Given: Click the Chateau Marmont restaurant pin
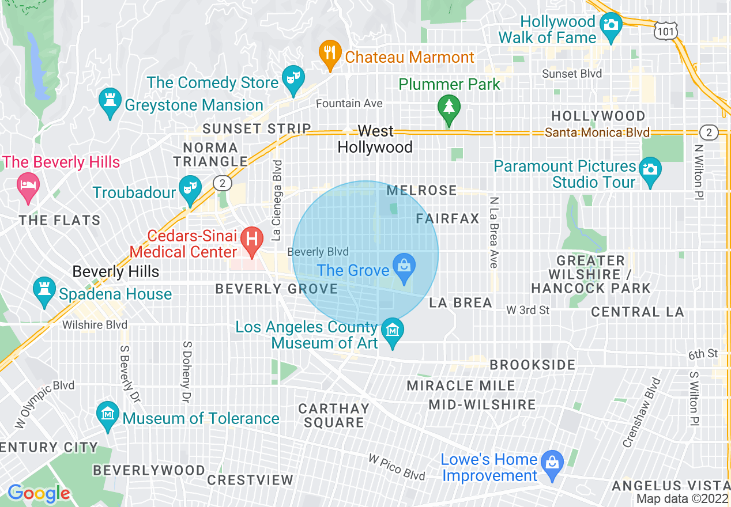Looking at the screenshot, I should coord(329,54).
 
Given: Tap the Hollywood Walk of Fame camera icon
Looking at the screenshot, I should coord(610,27).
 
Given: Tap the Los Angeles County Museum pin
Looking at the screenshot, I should coord(393,331).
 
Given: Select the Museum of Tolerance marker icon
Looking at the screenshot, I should coord(108,414).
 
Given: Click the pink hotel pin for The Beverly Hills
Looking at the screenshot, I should coord(28,186).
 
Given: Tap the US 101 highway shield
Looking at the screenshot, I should coord(666,31).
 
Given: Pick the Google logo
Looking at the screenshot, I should coord(39,493).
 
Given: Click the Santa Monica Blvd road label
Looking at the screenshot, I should coord(597,133).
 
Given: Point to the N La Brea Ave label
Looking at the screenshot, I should coord(493,232).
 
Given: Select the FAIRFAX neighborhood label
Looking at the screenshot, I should coord(447,218).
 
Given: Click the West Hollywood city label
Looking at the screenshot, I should coord(375,139).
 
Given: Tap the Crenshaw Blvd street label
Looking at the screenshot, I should coord(640,413).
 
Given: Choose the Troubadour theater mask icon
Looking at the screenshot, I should coord(189,188).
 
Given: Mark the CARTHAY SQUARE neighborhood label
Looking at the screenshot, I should coord(334,415).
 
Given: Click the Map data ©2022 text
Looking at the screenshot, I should coord(683,499).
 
